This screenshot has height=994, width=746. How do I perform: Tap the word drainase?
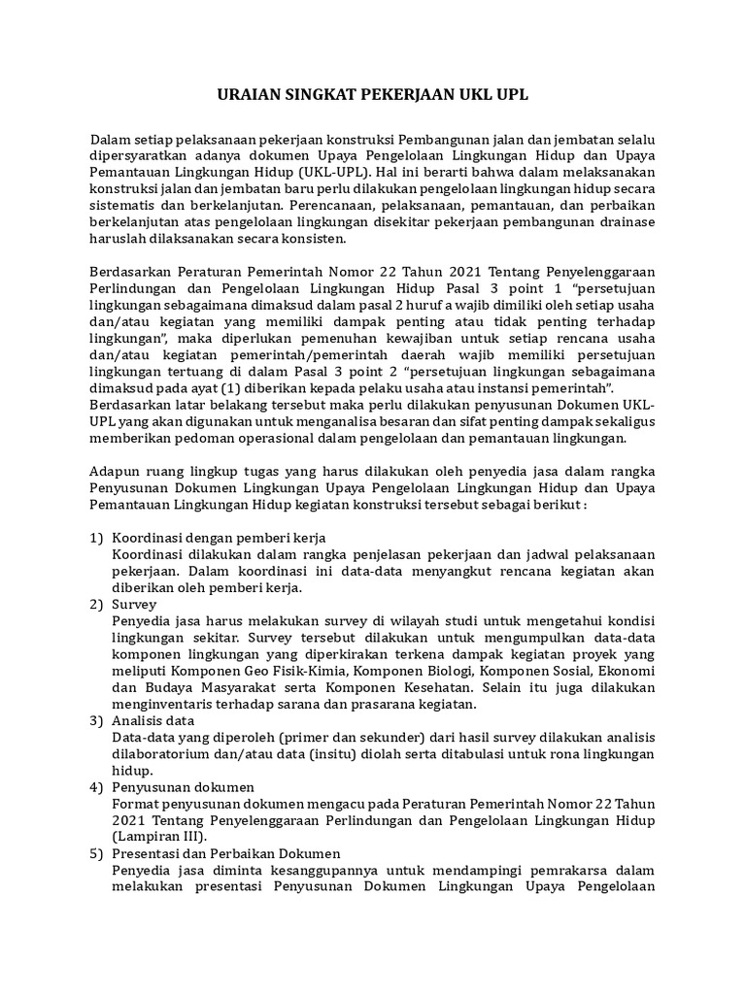pos(625,222)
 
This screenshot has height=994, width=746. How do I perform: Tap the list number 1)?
pos(96,538)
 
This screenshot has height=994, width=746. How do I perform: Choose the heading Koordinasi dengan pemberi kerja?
pos(219,538)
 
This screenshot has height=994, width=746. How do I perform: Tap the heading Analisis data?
pos(153,721)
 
